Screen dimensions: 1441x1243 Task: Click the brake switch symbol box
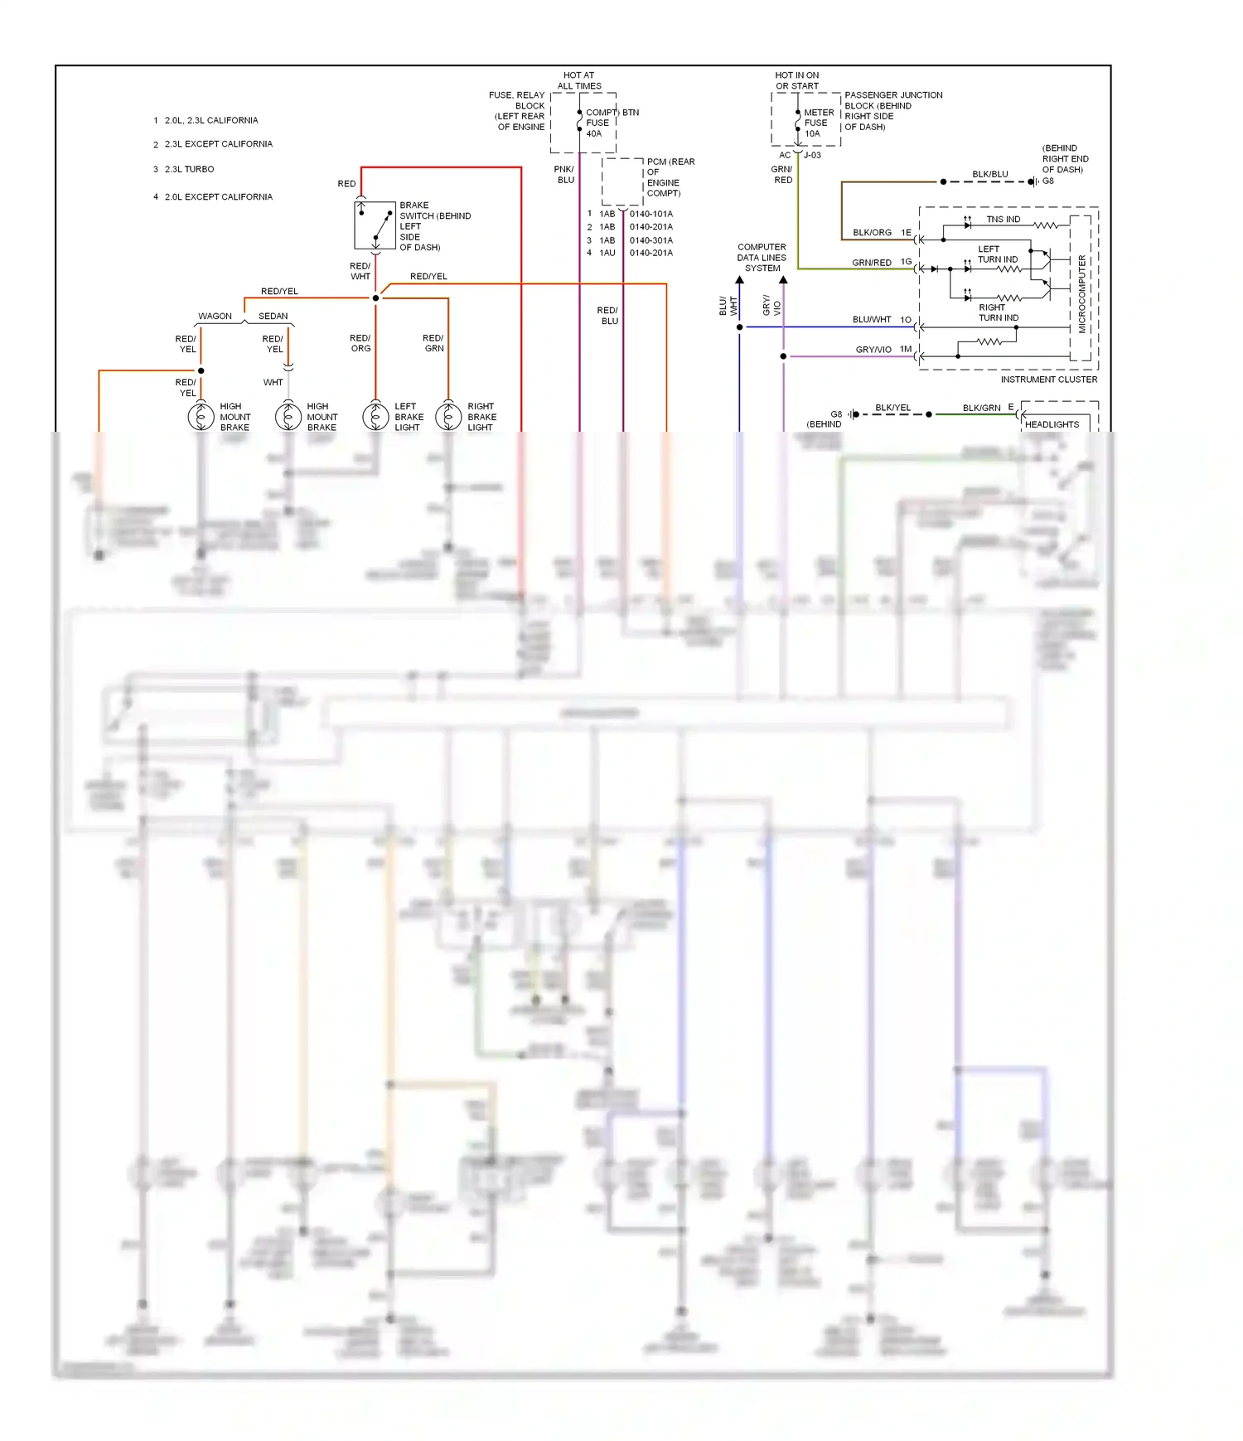tap(375, 225)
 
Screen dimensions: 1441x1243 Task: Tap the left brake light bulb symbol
tap(375, 416)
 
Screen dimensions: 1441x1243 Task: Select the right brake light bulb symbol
tap(448, 416)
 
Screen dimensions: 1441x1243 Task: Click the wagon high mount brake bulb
tap(201, 416)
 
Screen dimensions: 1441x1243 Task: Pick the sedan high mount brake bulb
tap(288, 416)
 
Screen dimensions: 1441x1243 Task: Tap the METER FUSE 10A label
tap(818, 123)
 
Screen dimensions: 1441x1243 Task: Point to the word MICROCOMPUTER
tap(1081, 294)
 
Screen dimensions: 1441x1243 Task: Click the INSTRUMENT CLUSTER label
tap(1048, 380)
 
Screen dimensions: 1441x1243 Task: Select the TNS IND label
tap(1003, 220)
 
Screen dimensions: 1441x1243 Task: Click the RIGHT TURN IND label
tap(998, 312)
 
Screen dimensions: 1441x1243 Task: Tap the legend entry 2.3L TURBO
tap(189, 169)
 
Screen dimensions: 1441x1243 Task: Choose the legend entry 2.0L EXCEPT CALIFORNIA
tap(218, 197)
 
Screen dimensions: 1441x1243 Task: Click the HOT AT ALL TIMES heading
tap(579, 80)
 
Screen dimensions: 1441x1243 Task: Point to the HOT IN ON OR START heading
tap(796, 80)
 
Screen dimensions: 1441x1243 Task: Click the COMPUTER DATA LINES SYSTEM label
tap(762, 258)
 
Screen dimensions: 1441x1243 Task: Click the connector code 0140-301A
tap(651, 240)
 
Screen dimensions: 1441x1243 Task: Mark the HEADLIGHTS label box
tap(1052, 424)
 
